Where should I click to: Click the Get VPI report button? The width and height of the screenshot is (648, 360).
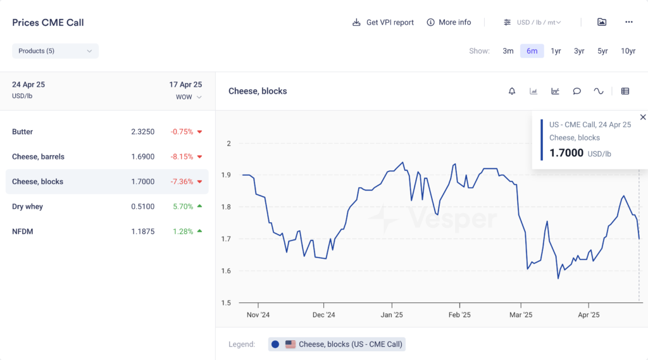click(x=383, y=22)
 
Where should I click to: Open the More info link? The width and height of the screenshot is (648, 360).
click(x=449, y=22)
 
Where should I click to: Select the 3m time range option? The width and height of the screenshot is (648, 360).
click(x=508, y=51)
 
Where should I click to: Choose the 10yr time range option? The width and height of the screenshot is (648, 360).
click(x=628, y=51)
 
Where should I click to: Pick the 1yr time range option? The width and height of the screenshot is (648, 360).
click(x=556, y=51)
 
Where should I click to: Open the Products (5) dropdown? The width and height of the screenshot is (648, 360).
click(x=55, y=51)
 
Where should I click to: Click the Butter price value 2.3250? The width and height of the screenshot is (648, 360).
click(x=142, y=132)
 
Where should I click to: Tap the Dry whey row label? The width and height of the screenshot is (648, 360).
click(x=27, y=206)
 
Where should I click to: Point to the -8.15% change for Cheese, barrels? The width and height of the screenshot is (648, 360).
click(x=182, y=157)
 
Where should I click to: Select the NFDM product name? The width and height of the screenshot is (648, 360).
click(x=22, y=232)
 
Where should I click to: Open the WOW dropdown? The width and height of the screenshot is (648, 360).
click(x=189, y=97)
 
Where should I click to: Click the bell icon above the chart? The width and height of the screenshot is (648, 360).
click(x=512, y=91)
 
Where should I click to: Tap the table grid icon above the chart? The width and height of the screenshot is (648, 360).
click(x=625, y=91)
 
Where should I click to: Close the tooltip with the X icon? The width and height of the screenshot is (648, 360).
click(x=643, y=117)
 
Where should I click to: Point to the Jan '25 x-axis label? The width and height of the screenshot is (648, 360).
click(x=392, y=314)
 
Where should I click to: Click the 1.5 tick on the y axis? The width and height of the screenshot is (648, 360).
click(x=226, y=302)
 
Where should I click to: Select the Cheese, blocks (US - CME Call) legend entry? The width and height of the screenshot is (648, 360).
click(x=337, y=344)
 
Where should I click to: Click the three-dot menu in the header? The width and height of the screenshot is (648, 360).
click(x=628, y=22)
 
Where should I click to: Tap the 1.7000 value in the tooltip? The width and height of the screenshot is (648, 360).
click(x=566, y=153)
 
